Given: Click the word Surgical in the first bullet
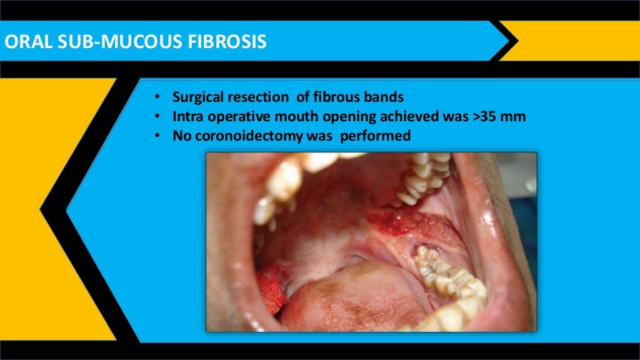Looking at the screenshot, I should point(197,97).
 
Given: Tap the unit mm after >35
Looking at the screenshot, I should point(516,116).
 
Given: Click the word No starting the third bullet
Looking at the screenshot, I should point(182,135).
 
